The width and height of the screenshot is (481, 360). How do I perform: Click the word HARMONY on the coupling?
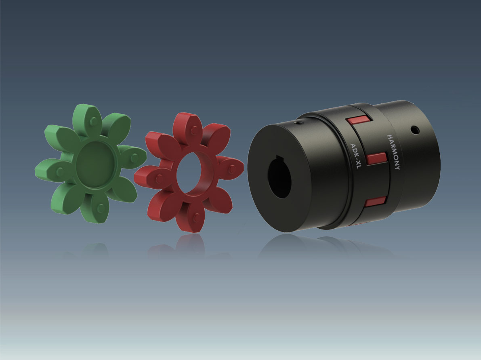click(x=393, y=152)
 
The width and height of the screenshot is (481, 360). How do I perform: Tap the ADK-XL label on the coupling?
click(x=355, y=156)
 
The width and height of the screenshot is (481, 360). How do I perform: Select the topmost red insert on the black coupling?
click(x=358, y=119)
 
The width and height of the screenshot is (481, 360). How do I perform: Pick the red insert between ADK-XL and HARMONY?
click(x=377, y=158)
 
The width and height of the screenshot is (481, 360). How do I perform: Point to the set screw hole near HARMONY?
click(x=415, y=130)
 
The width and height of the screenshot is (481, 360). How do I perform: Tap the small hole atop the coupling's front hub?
click(x=298, y=123)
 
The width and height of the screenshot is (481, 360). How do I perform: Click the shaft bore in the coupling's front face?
click(x=279, y=176)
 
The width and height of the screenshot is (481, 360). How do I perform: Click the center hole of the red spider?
click(x=189, y=174)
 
